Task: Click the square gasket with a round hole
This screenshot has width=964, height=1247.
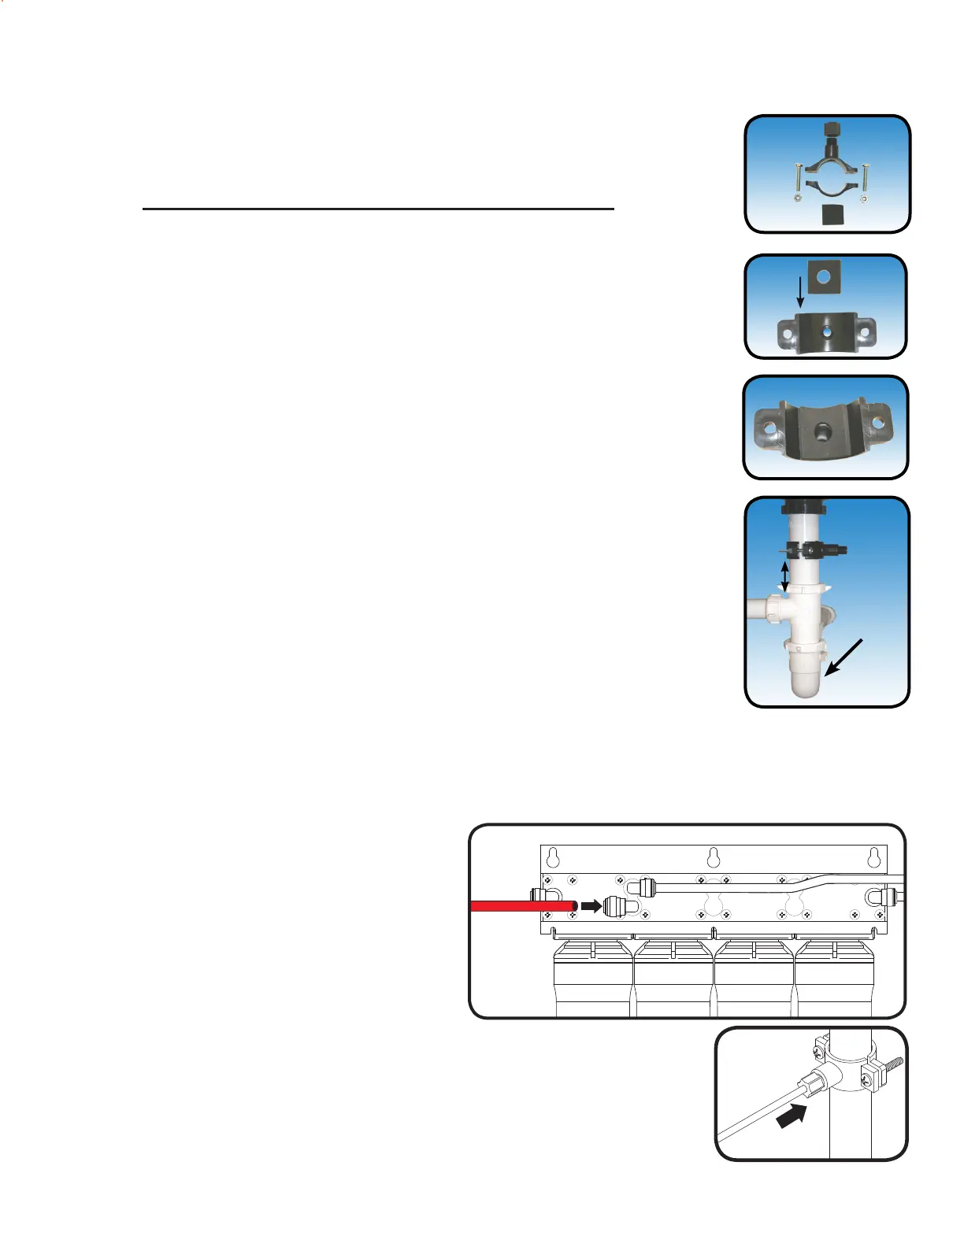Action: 823,277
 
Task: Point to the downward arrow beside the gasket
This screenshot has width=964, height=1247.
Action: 800,293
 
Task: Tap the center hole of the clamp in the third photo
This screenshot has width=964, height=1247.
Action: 825,431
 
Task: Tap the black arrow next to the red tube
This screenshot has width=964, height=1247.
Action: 591,906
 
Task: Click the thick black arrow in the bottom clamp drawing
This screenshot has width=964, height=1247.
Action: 792,1116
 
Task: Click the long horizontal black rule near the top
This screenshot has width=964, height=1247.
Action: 378,209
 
